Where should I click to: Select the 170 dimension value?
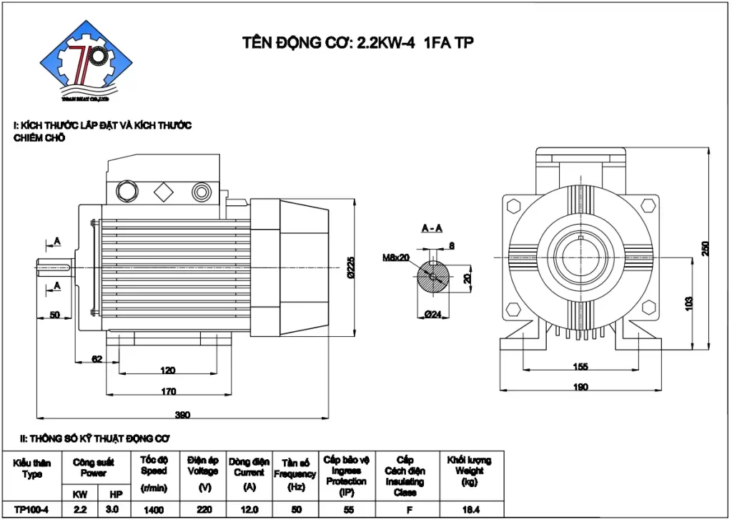(x=168, y=391)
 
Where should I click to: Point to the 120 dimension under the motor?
(x=168, y=371)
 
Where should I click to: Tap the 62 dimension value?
(x=97, y=358)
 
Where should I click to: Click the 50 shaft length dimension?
(x=54, y=315)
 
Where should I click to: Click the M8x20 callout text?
(x=397, y=257)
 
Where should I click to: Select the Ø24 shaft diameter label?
(x=431, y=313)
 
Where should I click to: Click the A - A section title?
(x=432, y=228)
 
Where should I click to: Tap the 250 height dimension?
(x=706, y=247)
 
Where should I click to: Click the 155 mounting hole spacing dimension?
(x=580, y=367)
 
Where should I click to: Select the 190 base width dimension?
(x=580, y=388)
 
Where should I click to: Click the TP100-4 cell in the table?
(x=31, y=510)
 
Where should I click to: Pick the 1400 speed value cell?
(x=153, y=510)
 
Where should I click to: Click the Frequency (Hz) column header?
(x=295, y=474)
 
